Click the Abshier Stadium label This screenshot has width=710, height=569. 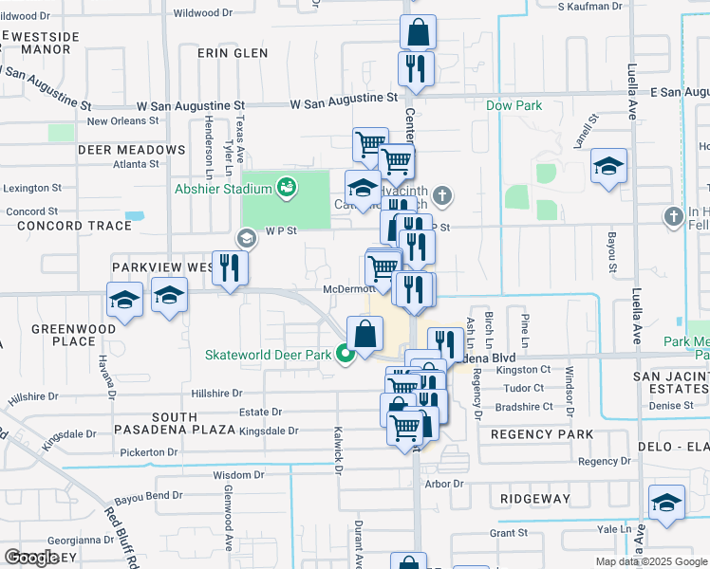[x=215, y=188]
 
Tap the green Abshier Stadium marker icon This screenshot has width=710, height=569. [x=286, y=188]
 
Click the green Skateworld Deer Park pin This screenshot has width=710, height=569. [x=346, y=355]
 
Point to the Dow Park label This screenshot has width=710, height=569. [x=514, y=105]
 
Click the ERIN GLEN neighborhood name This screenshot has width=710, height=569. [x=233, y=53]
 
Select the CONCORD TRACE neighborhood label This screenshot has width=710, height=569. [x=67, y=226]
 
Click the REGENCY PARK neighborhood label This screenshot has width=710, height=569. [x=541, y=434]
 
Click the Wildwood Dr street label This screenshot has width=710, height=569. [x=203, y=13]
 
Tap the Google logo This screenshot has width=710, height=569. [x=31, y=557]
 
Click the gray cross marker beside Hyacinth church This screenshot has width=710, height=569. [x=442, y=197]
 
